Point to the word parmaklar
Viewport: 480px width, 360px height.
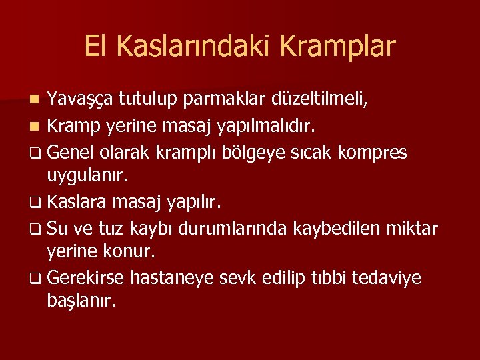click(227, 100)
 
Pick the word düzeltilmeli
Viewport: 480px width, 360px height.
click(320, 100)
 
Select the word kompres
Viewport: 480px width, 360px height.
click(372, 153)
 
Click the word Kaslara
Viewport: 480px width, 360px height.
click(77, 202)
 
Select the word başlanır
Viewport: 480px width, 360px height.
click(81, 301)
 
